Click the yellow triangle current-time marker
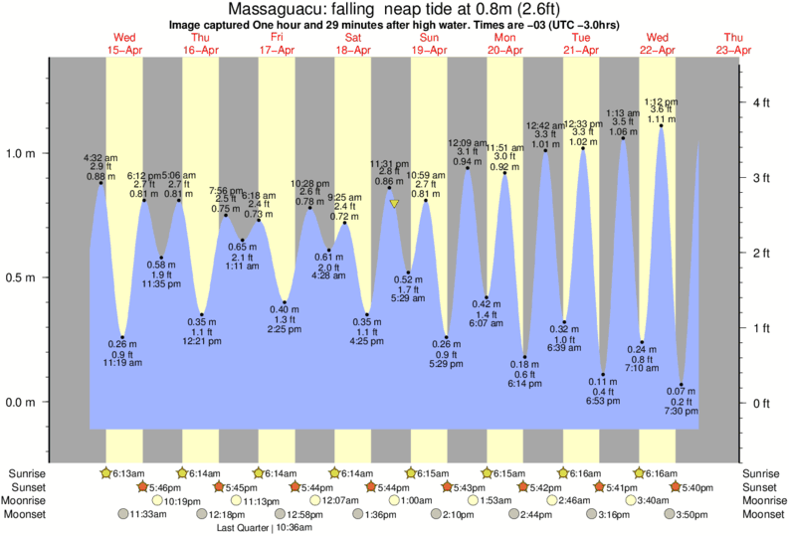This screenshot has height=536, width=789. point(395,204)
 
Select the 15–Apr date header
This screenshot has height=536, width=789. point(123,50)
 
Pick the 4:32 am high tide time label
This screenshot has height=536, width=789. point(101,157)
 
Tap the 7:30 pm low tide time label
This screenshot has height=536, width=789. point(681,411)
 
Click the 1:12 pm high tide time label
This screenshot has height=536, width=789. point(661,101)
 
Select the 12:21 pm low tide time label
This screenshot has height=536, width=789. point(202,342)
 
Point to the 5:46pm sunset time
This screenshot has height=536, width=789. point(165,487)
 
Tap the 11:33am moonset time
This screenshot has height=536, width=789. point(144,515)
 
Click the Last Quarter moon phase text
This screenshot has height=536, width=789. point(244,528)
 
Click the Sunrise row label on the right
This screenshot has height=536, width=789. point(760,473)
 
